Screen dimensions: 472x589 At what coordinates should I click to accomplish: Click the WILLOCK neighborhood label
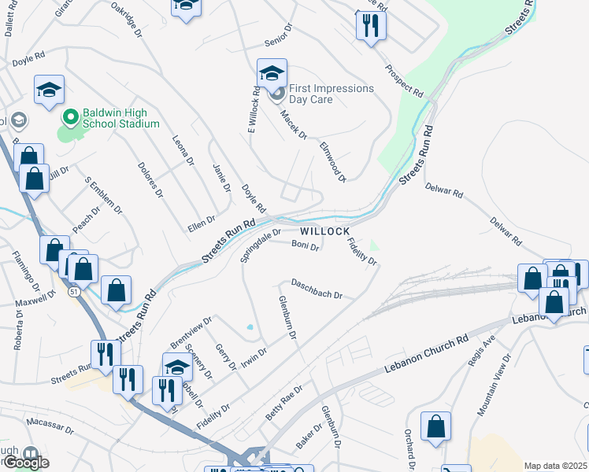[x=324, y=231]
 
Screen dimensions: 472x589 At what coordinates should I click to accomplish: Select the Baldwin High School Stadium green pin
[x=70, y=117]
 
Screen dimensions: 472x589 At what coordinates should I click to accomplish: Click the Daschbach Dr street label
[x=317, y=289]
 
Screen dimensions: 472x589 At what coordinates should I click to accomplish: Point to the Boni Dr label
[x=305, y=245]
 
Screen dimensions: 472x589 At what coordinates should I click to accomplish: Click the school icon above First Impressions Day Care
[x=272, y=73]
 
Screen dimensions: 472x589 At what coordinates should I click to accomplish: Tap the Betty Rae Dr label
[x=284, y=402]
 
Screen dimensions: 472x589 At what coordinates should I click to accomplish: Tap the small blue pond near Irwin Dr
[x=250, y=327]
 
